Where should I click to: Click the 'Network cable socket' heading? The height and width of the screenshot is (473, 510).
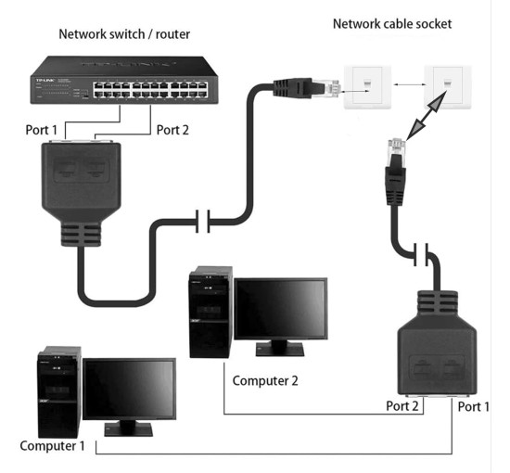pyautogui.click(x=392, y=23)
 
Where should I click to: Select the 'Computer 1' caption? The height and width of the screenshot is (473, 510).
pyautogui.click(x=52, y=446)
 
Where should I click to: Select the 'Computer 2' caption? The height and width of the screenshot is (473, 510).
pyautogui.click(x=266, y=380)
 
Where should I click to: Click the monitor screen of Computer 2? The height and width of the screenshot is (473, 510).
pyautogui.click(x=280, y=309)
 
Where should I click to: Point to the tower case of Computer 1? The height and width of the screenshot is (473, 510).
pyautogui.click(x=57, y=394)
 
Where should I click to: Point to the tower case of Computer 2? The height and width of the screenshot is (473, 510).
pyautogui.click(x=209, y=313)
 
